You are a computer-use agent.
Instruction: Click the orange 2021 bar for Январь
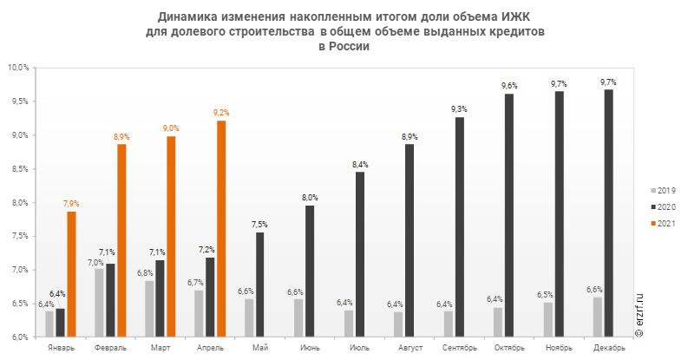coord(71,273)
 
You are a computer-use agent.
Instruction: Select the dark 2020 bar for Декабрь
coord(608,213)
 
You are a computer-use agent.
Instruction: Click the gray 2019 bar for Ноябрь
coord(548,318)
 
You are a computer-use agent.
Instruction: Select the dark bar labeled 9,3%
coord(459,226)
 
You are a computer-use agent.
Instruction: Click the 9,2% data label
coord(221,113)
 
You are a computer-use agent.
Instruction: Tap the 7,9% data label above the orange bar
coord(71,204)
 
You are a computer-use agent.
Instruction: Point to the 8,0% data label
coord(310,198)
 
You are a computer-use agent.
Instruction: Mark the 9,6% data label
coord(509,86)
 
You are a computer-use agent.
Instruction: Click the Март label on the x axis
coord(161,348)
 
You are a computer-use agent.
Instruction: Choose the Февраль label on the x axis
coord(110,348)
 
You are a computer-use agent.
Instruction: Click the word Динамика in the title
coord(186,16)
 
